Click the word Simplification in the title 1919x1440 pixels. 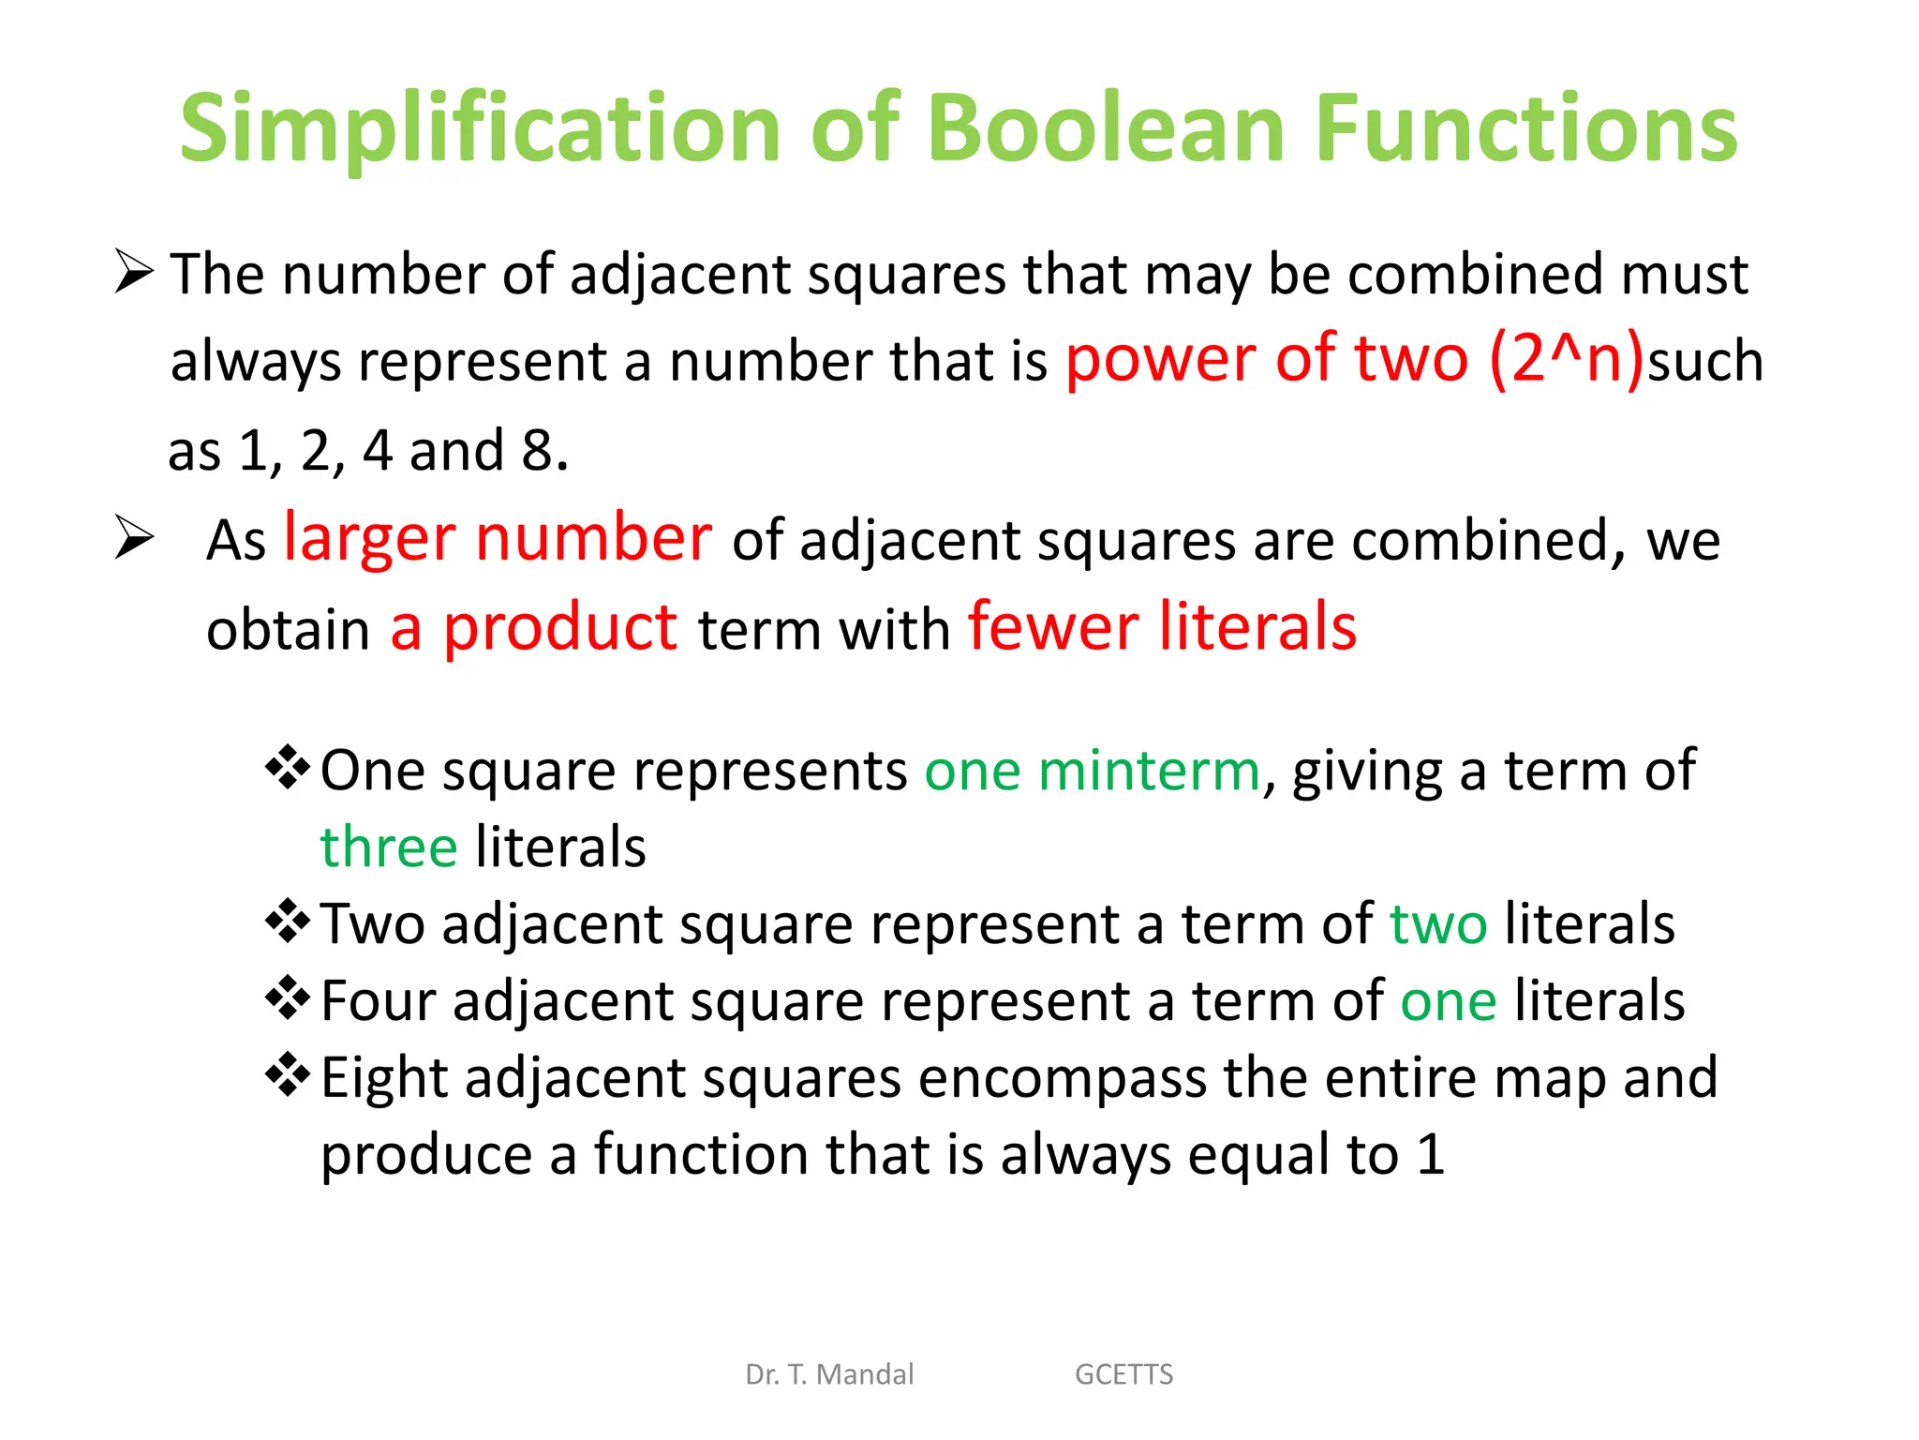[x=480, y=128]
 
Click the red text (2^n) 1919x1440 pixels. [x=1566, y=359]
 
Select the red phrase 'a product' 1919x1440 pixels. [x=533, y=628]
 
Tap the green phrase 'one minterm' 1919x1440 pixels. [x=1092, y=772]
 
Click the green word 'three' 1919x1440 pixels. [x=389, y=847]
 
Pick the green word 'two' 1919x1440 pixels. [x=1437, y=924]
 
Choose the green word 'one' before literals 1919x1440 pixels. [x=1448, y=1001]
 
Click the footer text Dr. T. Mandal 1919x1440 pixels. [x=829, y=1374]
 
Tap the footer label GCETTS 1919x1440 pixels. [x=1123, y=1374]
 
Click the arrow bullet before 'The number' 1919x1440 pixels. [x=134, y=272]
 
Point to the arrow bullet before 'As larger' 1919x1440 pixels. [x=134, y=538]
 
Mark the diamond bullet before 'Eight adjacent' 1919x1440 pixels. [x=288, y=1075]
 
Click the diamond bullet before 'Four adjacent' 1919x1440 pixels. [x=288, y=998]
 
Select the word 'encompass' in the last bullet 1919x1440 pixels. [x=1063, y=1078]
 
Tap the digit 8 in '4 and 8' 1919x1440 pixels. [x=538, y=451]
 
